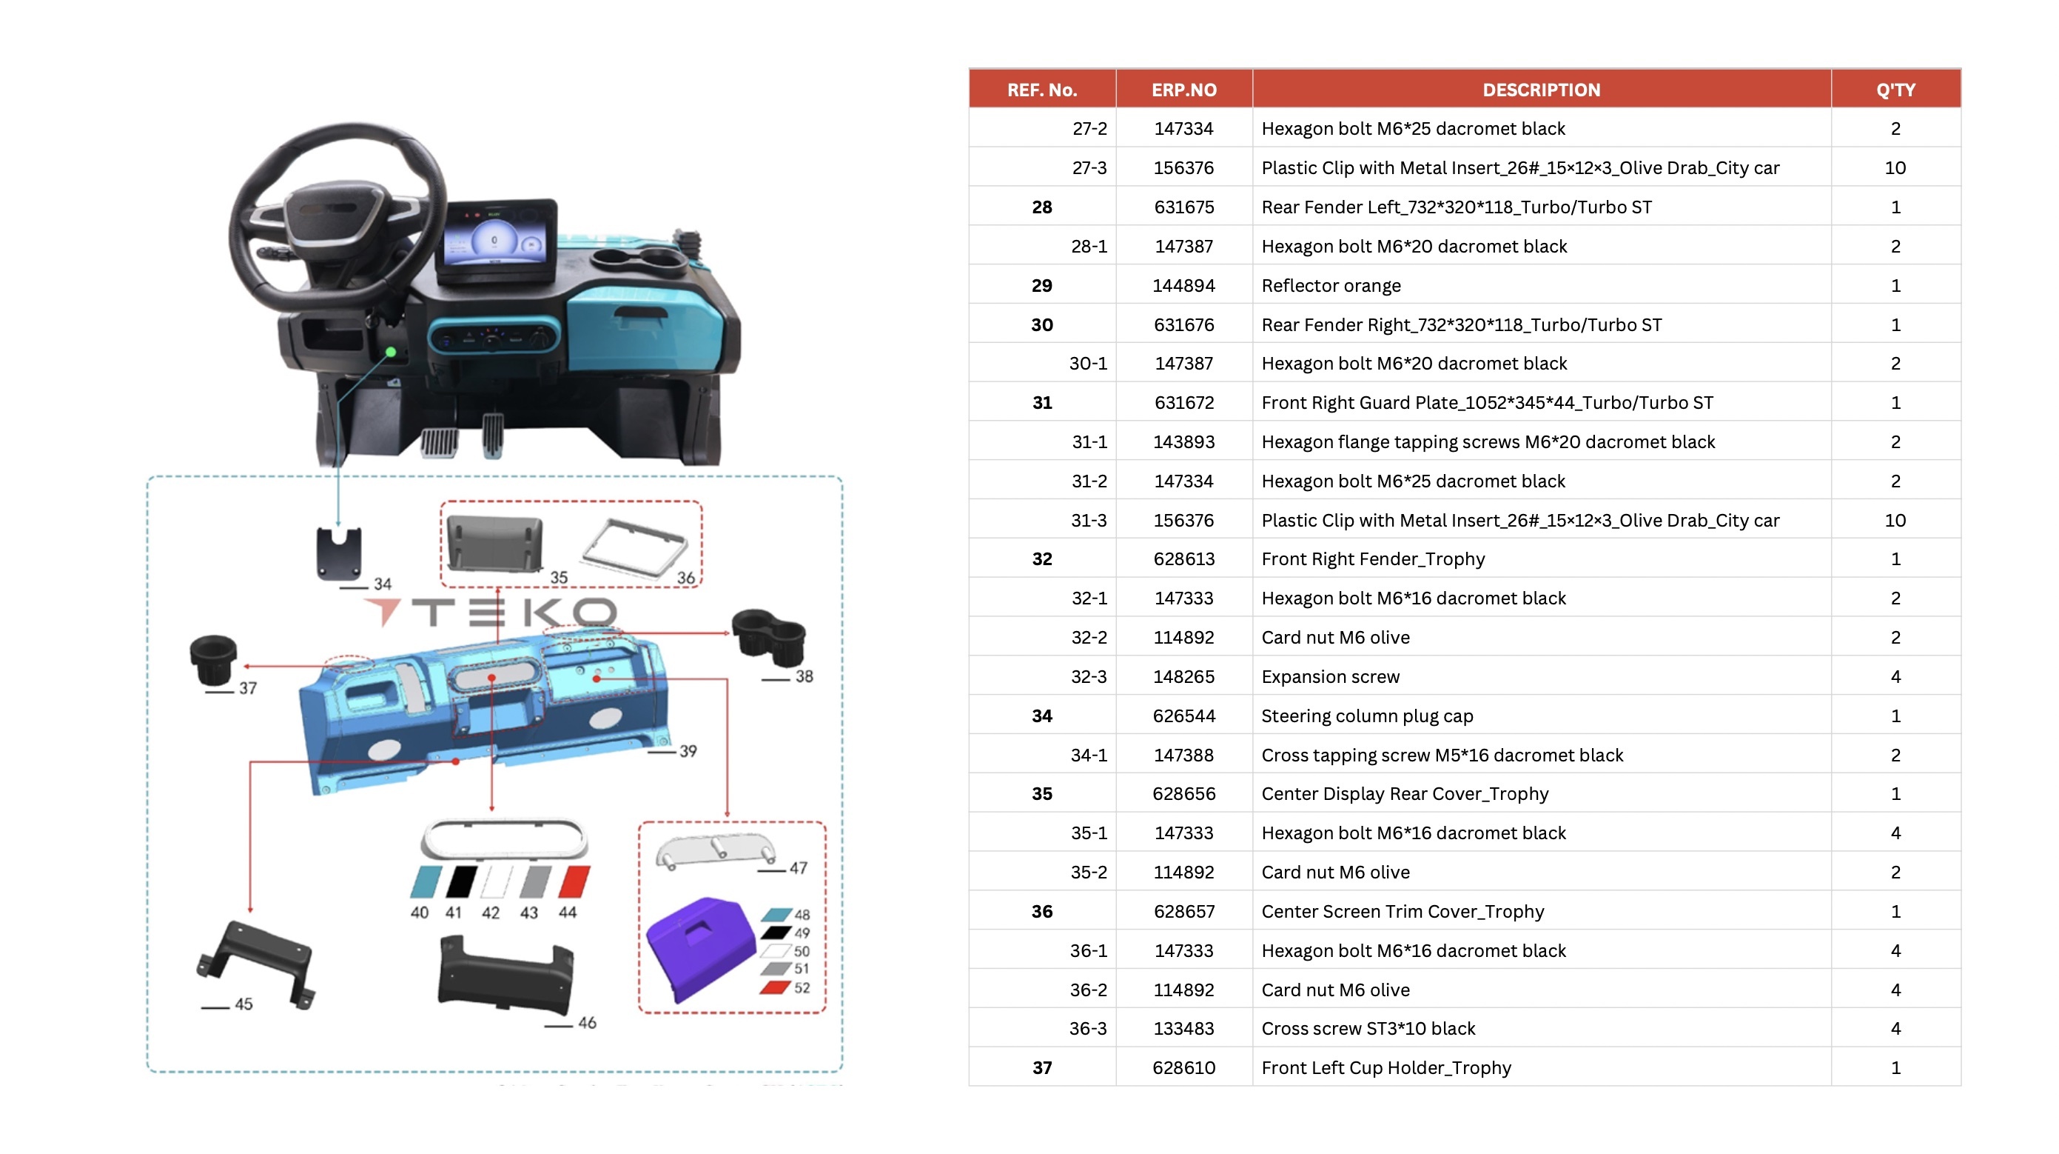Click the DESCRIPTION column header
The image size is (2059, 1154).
[x=1541, y=90]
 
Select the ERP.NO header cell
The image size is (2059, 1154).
[x=1183, y=90]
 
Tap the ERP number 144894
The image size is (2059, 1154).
[x=1183, y=285]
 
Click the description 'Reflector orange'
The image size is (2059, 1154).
[x=1331, y=285]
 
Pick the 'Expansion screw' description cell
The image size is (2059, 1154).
[x=1330, y=676]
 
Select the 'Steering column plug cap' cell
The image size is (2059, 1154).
[x=1367, y=716]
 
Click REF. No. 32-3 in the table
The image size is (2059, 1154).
[x=1089, y=676]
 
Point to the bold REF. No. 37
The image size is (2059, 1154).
[x=1041, y=1067]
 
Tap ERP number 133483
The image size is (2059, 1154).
[x=1183, y=1028]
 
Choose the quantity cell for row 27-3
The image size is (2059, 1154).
[x=1895, y=168]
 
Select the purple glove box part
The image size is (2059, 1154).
[x=700, y=947]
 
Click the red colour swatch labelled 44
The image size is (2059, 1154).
[x=574, y=881]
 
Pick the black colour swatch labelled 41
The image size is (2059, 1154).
[x=461, y=881]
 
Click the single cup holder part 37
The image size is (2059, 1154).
[x=213, y=660]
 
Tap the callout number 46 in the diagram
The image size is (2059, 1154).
[x=587, y=1023]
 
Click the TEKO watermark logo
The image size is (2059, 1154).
[x=491, y=613]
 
